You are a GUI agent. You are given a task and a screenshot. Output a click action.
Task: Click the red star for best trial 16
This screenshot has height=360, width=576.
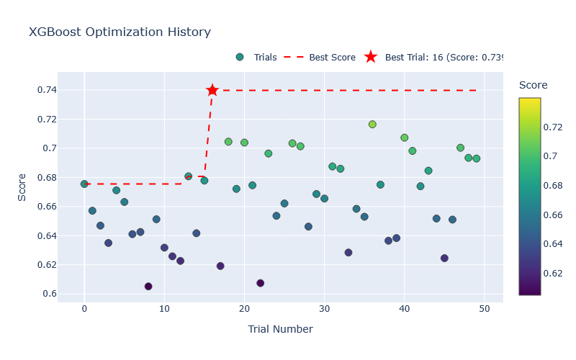click(212, 90)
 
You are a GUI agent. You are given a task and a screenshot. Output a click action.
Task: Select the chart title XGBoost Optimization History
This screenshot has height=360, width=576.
click(120, 32)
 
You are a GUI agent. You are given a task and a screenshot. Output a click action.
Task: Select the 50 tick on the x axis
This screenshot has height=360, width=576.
click(484, 309)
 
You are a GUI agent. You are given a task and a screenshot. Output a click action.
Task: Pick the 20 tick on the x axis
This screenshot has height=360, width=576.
click(244, 309)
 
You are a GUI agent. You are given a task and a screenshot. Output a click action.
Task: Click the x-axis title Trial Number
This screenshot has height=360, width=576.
click(280, 329)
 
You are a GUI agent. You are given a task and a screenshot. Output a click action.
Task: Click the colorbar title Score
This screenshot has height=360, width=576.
click(533, 85)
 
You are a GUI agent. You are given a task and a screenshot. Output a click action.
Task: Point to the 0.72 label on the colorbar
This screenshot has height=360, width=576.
click(554, 127)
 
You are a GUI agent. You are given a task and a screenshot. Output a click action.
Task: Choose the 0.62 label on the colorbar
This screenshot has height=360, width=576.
click(554, 273)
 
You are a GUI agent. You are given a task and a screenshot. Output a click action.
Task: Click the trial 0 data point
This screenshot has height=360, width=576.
click(84, 184)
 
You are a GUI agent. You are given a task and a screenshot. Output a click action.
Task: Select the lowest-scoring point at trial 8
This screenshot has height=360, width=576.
click(148, 286)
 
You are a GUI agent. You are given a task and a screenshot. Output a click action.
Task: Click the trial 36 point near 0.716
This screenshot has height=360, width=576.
click(372, 124)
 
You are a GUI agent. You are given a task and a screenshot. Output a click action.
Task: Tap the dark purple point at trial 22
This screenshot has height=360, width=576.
click(260, 283)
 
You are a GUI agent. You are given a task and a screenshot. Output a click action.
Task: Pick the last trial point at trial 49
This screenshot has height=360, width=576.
click(476, 158)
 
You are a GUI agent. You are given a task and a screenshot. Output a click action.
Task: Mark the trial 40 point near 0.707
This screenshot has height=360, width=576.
click(404, 138)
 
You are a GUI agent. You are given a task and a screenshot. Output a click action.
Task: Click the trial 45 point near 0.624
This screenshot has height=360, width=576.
click(444, 258)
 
